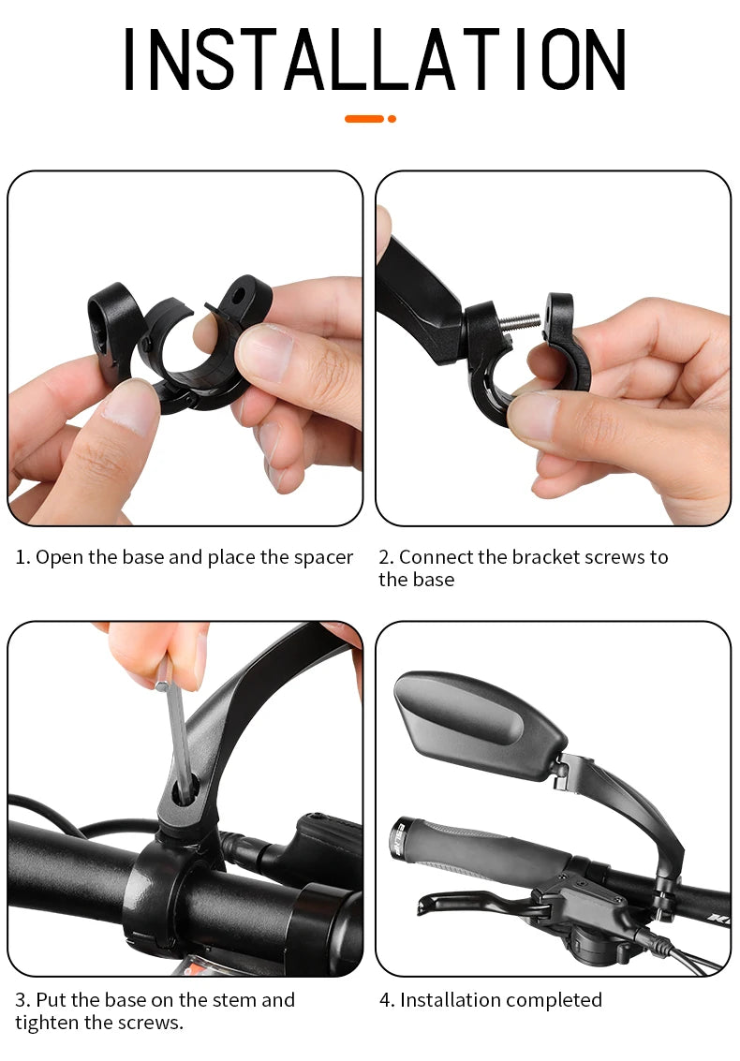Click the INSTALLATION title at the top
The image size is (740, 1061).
click(x=374, y=60)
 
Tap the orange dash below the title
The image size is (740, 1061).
click(x=364, y=119)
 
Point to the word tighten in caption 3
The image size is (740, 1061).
click(x=47, y=1023)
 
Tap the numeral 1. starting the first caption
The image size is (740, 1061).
click(x=22, y=557)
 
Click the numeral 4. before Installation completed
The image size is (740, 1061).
click(x=387, y=1000)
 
